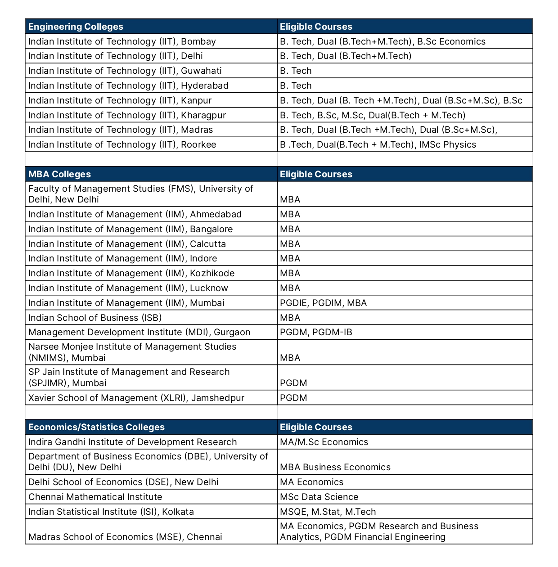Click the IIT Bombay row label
click(x=122, y=41)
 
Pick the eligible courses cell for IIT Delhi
click(x=346, y=56)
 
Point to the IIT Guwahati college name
click(x=125, y=71)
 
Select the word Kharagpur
click(x=203, y=115)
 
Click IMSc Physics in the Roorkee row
click(x=447, y=144)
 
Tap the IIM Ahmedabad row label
click(x=135, y=214)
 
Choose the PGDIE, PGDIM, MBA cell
click(x=323, y=303)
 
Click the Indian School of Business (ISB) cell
click(x=95, y=318)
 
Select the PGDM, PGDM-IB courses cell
click(x=316, y=332)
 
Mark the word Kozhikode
click(x=212, y=273)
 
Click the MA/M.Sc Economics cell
click(x=324, y=442)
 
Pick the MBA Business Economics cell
click(x=335, y=467)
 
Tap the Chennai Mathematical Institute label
click(x=95, y=497)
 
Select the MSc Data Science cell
click(x=319, y=497)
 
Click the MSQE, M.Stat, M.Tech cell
click(x=328, y=512)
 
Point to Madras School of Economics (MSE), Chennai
click(x=125, y=537)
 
